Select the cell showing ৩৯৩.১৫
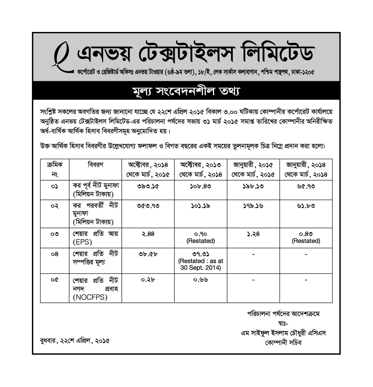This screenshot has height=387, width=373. (x=148, y=187)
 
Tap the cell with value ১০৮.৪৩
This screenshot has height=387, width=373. (x=201, y=187)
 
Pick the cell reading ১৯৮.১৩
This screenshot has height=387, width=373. (x=253, y=187)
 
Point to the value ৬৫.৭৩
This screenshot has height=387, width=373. (x=306, y=187)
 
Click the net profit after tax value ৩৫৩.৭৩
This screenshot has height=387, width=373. (x=148, y=206)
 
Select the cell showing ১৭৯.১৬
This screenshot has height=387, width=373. (x=253, y=206)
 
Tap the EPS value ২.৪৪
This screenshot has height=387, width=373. (x=148, y=234)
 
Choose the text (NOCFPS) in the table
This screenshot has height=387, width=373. (x=90, y=297)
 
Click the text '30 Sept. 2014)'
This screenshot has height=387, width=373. (x=201, y=268)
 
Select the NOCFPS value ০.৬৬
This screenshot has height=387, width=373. (x=201, y=280)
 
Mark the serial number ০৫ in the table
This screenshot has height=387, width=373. (x=54, y=280)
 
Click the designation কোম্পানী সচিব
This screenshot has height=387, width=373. (x=283, y=343)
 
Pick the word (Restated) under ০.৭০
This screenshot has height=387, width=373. (x=201, y=241)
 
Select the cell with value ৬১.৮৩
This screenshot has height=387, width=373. (x=306, y=206)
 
